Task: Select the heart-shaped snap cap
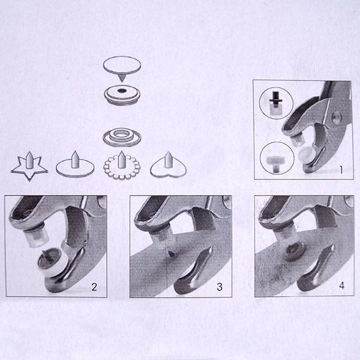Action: click(x=168, y=166)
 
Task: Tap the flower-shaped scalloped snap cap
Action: click(x=122, y=166)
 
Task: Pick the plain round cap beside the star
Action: click(x=75, y=165)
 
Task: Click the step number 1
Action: click(x=341, y=170)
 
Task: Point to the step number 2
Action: click(x=94, y=287)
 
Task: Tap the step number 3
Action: click(x=220, y=287)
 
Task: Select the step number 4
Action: click(x=341, y=286)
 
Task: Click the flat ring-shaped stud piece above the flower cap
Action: click(x=121, y=137)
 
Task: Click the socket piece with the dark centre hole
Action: click(x=122, y=95)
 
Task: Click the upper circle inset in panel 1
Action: click(x=276, y=103)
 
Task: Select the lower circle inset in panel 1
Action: click(x=277, y=159)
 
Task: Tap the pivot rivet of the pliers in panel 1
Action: click(x=337, y=117)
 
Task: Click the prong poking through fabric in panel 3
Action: click(x=171, y=254)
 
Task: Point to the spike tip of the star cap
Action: click(x=29, y=152)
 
